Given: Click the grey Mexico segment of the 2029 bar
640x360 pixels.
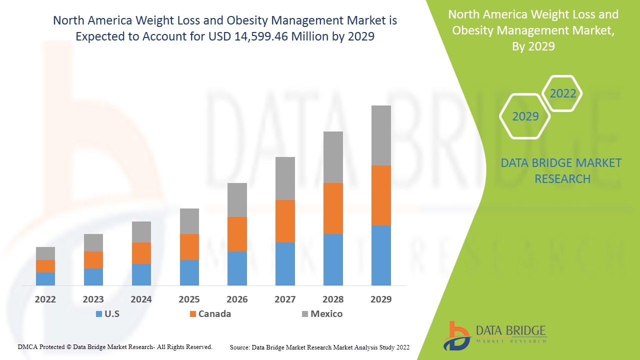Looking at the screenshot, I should (x=380, y=135).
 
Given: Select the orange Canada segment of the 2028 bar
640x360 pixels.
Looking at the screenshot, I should (x=333, y=208).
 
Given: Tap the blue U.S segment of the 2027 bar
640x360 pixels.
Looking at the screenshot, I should (x=285, y=264).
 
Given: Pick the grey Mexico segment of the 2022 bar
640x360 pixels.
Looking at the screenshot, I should (x=45, y=253).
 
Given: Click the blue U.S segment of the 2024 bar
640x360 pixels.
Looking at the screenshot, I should (x=141, y=274).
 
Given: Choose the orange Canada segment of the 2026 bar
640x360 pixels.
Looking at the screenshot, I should (x=237, y=234).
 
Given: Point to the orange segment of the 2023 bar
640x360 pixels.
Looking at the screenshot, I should (x=93, y=260).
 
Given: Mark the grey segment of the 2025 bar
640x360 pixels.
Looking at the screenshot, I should (x=189, y=221).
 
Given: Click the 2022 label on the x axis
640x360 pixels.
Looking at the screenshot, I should (x=45, y=299).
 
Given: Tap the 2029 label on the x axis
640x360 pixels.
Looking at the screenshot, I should (x=380, y=299).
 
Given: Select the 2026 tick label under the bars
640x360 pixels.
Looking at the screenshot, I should (x=237, y=299).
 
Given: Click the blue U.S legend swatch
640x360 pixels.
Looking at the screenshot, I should (x=99, y=314).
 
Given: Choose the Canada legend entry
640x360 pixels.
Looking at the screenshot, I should (x=214, y=314).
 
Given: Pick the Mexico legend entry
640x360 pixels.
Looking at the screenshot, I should (x=326, y=314).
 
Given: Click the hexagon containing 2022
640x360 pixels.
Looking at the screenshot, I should (x=562, y=93).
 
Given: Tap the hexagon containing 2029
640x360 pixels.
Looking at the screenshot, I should (x=525, y=116).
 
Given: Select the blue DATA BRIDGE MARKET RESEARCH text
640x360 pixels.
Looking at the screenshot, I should (x=562, y=171).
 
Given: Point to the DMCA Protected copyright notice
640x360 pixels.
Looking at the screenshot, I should (x=115, y=346).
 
